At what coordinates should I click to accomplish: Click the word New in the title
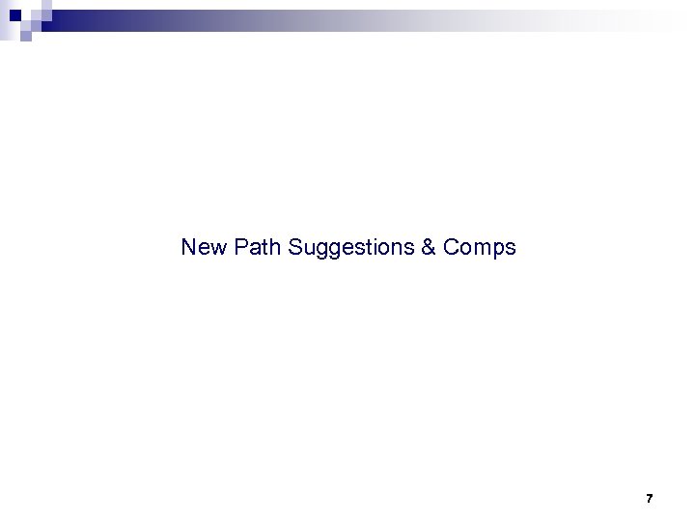pyautogui.click(x=204, y=248)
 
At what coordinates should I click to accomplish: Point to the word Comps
pyautogui.click(x=480, y=248)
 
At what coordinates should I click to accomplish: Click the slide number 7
pyautogui.click(x=649, y=499)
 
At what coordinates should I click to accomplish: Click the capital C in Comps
pyautogui.click(x=452, y=248)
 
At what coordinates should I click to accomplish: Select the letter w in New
pyautogui.click(x=217, y=248)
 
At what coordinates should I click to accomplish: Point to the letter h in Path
pyautogui.click(x=274, y=248)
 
